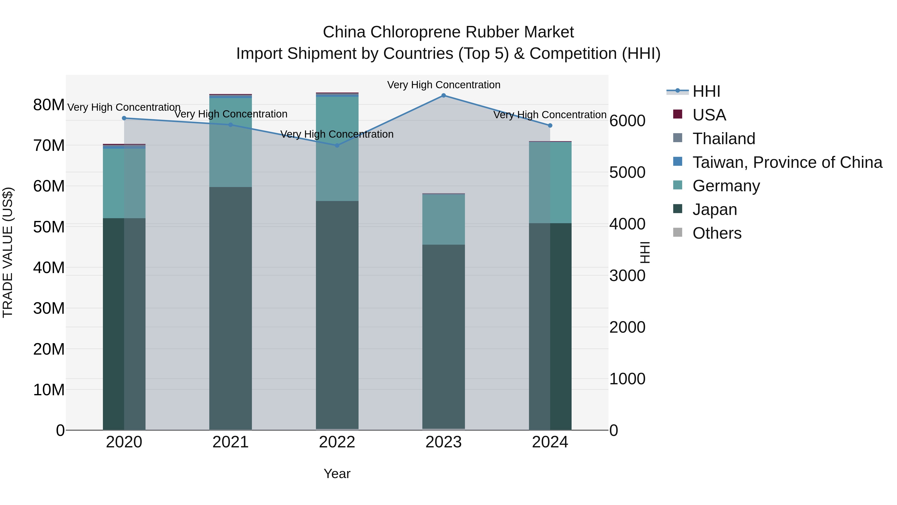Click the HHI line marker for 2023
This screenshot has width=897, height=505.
click(x=443, y=96)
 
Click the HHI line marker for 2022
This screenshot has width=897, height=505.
click(x=337, y=145)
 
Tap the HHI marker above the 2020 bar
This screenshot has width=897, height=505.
click(x=124, y=118)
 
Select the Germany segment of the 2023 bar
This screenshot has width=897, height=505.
click(x=443, y=219)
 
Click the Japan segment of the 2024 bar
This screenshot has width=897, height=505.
click(x=550, y=326)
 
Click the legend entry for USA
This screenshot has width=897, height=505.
click(x=709, y=115)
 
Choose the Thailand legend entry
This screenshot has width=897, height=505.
click(x=724, y=139)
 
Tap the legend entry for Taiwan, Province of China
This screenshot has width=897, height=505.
click(x=787, y=162)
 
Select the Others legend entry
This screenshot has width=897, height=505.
click(x=717, y=233)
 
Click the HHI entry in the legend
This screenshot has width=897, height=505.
click(x=706, y=91)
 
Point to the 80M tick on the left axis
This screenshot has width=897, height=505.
click(x=49, y=104)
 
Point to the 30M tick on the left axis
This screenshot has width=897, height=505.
click(x=49, y=308)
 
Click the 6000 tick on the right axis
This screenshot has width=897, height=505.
click(x=627, y=121)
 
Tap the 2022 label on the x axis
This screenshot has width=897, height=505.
click(x=337, y=442)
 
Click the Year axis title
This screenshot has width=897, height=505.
click(x=337, y=474)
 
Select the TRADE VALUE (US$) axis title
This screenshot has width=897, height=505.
click(x=8, y=252)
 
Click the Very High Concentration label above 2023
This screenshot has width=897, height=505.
click(x=443, y=85)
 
